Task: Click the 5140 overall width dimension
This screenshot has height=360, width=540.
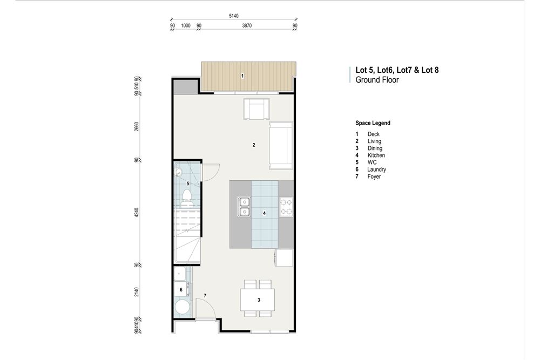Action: coord(233,16)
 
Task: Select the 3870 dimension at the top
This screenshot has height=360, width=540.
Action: coord(246,25)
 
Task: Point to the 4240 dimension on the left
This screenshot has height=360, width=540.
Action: coord(137,212)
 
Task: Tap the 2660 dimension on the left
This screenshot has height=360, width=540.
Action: coord(137,126)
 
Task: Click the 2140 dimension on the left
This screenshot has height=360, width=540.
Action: coord(137,291)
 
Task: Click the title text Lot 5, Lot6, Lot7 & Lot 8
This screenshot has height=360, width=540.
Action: coord(400,70)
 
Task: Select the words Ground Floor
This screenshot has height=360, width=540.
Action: coord(377,80)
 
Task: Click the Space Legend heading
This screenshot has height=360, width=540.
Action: coord(373,123)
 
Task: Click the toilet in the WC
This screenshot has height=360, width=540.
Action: coord(187,203)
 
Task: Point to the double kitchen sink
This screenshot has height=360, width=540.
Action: coord(245,207)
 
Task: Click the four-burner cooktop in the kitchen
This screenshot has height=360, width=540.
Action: coord(286,207)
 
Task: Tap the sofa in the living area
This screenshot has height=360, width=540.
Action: coord(281,145)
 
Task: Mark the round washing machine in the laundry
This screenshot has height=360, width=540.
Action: coord(182,308)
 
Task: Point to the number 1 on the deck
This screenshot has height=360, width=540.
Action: coord(242,76)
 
